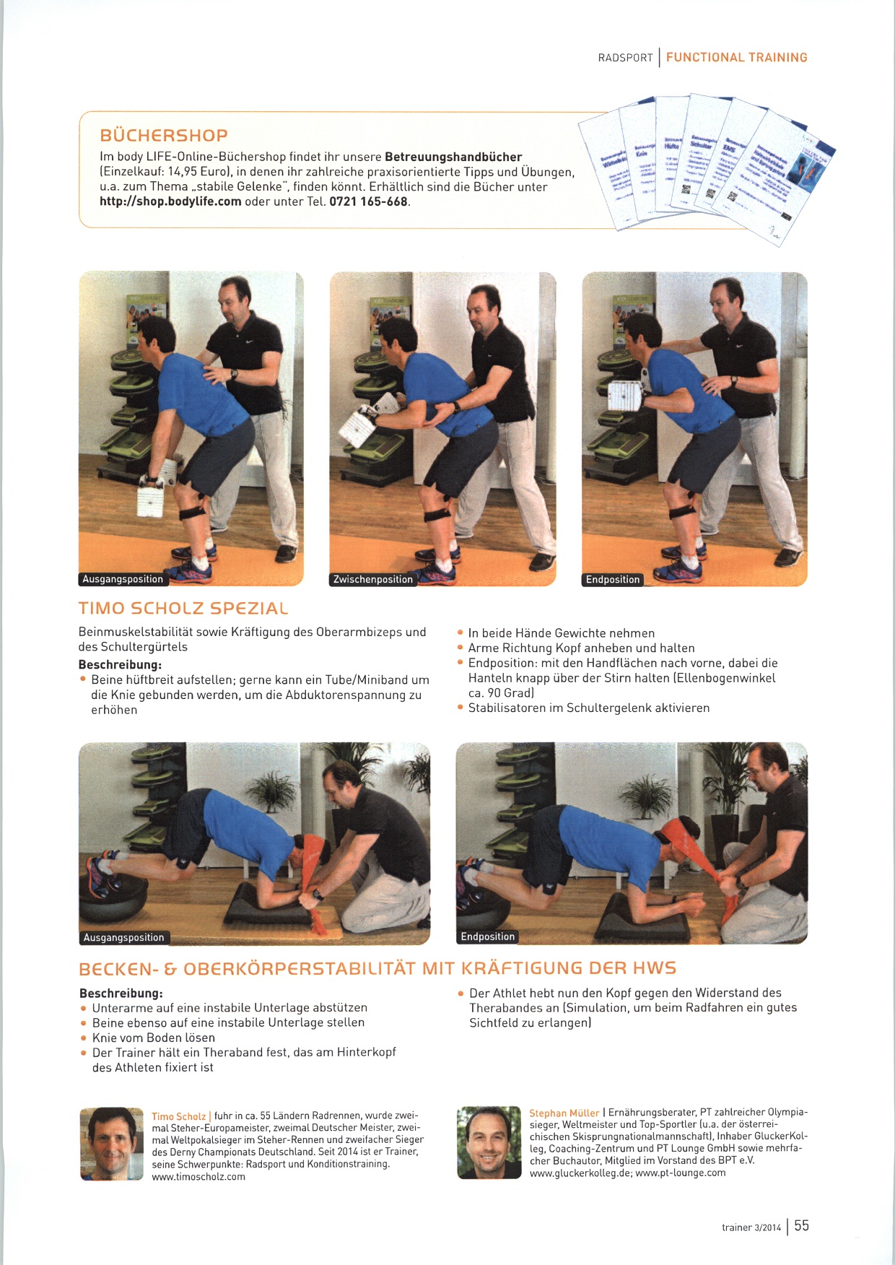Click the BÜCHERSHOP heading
pyautogui.click(x=164, y=135)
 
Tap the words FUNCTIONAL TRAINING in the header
pyautogui.click(x=737, y=58)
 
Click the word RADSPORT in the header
pyautogui.click(x=625, y=58)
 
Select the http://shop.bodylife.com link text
pyautogui.click(x=170, y=201)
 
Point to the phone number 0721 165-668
pyautogui.click(x=369, y=201)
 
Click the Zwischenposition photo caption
pyautogui.click(x=373, y=579)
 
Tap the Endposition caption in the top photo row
pyautogui.click(x=613, y=579)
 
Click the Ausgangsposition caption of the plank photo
pyautogui.click(x=124, y=937)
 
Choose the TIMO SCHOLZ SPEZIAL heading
pyautogui.click(x=183, y=609)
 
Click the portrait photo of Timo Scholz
pyautogui.click(x=112, y=1144)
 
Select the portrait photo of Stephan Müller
pyautogui.click(x=489, y=1142)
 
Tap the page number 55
pyautogui.click(x=801, y=1225)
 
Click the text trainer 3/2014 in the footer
pyautogui.click(x=751, y=1227)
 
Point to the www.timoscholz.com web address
pyautogui.click(x=198, y=1177)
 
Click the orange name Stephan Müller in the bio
pyautogui.click(x=564, y=1113)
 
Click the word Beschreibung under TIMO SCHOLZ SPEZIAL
pyautogui.click(x=120, y=664)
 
